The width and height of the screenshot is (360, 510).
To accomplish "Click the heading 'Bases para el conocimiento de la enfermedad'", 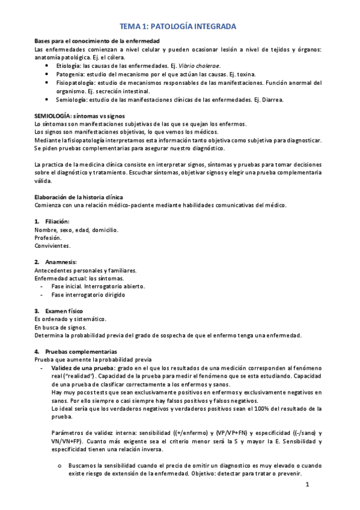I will [97, 40].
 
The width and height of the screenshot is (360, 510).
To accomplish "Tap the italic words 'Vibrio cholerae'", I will [201, 66].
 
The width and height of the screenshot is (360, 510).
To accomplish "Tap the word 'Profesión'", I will [49, 238].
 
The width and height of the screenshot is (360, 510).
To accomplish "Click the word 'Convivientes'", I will [52, 246].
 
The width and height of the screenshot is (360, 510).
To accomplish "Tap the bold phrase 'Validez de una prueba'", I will [83, 367].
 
